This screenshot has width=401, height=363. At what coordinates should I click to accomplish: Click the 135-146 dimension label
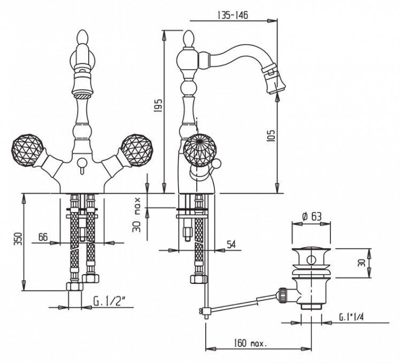click(233, 15)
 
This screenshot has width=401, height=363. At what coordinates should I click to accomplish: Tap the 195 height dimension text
click(159, 105)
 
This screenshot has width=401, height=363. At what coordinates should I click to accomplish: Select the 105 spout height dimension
click(272, 135)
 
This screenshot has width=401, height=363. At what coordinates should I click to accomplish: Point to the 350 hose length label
click(18, 238)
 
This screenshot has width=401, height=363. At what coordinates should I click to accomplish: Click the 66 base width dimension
click(43, 237)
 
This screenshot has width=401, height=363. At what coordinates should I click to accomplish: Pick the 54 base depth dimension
click(231, 245)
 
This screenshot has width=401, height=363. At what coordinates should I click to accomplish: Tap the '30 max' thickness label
click(137, 214)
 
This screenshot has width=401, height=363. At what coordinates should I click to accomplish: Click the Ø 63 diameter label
click(311, 217)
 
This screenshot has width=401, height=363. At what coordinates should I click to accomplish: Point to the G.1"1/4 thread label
click(351, 317)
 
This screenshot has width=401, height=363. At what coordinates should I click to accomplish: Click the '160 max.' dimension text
click(251, 343)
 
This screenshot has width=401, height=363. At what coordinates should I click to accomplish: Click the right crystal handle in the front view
click(137, 150)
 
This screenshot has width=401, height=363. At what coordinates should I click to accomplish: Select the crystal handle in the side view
click(200, 150)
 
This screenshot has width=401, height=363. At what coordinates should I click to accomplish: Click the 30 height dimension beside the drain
click(362, 263)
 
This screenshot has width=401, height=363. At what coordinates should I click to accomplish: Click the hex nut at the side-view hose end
click(198, 279)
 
